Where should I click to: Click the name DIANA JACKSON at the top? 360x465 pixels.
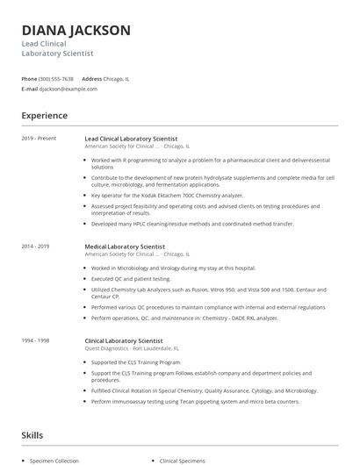76,31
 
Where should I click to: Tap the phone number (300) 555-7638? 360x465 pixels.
56,78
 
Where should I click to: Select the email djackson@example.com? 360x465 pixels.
68,89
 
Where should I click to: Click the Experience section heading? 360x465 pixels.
45,115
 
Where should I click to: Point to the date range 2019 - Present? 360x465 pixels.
39,139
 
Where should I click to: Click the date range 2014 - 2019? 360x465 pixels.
36,247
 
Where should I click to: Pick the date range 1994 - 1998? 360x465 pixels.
36,338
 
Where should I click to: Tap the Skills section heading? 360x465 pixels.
32,433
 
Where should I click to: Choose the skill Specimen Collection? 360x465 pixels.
54,460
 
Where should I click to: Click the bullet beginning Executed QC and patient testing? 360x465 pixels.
131,278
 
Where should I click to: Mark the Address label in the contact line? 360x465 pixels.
92,78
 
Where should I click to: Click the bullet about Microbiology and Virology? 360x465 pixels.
173,268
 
